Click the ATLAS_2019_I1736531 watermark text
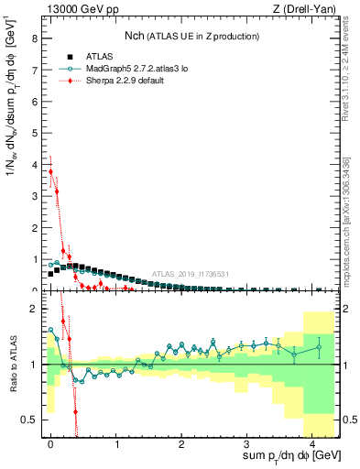coord(190,273)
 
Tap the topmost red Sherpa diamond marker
coord(50,171)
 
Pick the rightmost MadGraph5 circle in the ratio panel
coord(319,346)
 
